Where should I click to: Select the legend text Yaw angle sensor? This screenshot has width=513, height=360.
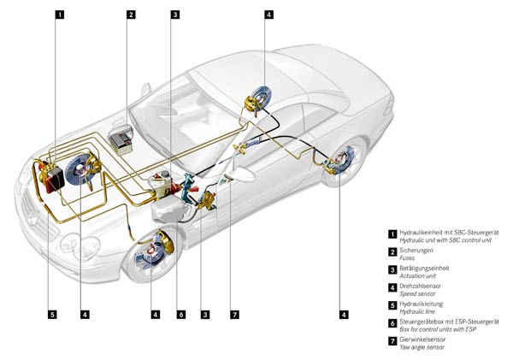421,347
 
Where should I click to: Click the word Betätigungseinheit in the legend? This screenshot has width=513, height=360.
424,269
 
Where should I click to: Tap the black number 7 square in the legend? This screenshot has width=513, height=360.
392,340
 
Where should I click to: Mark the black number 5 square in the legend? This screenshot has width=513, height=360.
392,304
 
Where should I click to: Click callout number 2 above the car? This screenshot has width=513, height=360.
131,15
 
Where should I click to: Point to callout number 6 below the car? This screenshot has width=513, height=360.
180,315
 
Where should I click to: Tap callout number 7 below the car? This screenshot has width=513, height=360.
233,315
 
